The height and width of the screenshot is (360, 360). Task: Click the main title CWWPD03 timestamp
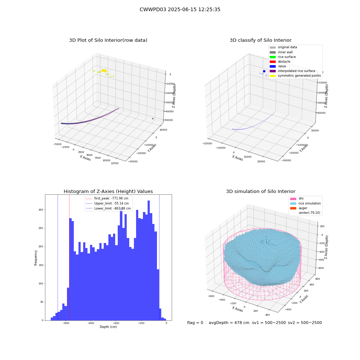180,10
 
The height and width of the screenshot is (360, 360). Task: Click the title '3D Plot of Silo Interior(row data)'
108,40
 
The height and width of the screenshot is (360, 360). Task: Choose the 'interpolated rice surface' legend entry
292,71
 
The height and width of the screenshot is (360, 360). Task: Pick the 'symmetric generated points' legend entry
295,76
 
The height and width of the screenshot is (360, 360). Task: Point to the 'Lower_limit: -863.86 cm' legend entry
108,208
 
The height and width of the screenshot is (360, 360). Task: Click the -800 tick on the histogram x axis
66,323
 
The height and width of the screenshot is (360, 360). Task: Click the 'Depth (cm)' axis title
108,327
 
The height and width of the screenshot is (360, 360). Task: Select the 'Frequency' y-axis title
36,258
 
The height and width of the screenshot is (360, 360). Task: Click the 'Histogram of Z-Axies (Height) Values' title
108,192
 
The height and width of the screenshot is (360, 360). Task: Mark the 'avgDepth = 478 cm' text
229,323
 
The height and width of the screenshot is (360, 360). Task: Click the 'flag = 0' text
195,323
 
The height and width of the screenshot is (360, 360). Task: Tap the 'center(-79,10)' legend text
310,213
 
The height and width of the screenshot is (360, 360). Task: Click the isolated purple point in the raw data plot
153,119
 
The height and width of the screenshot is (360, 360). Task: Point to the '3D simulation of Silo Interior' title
261,192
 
